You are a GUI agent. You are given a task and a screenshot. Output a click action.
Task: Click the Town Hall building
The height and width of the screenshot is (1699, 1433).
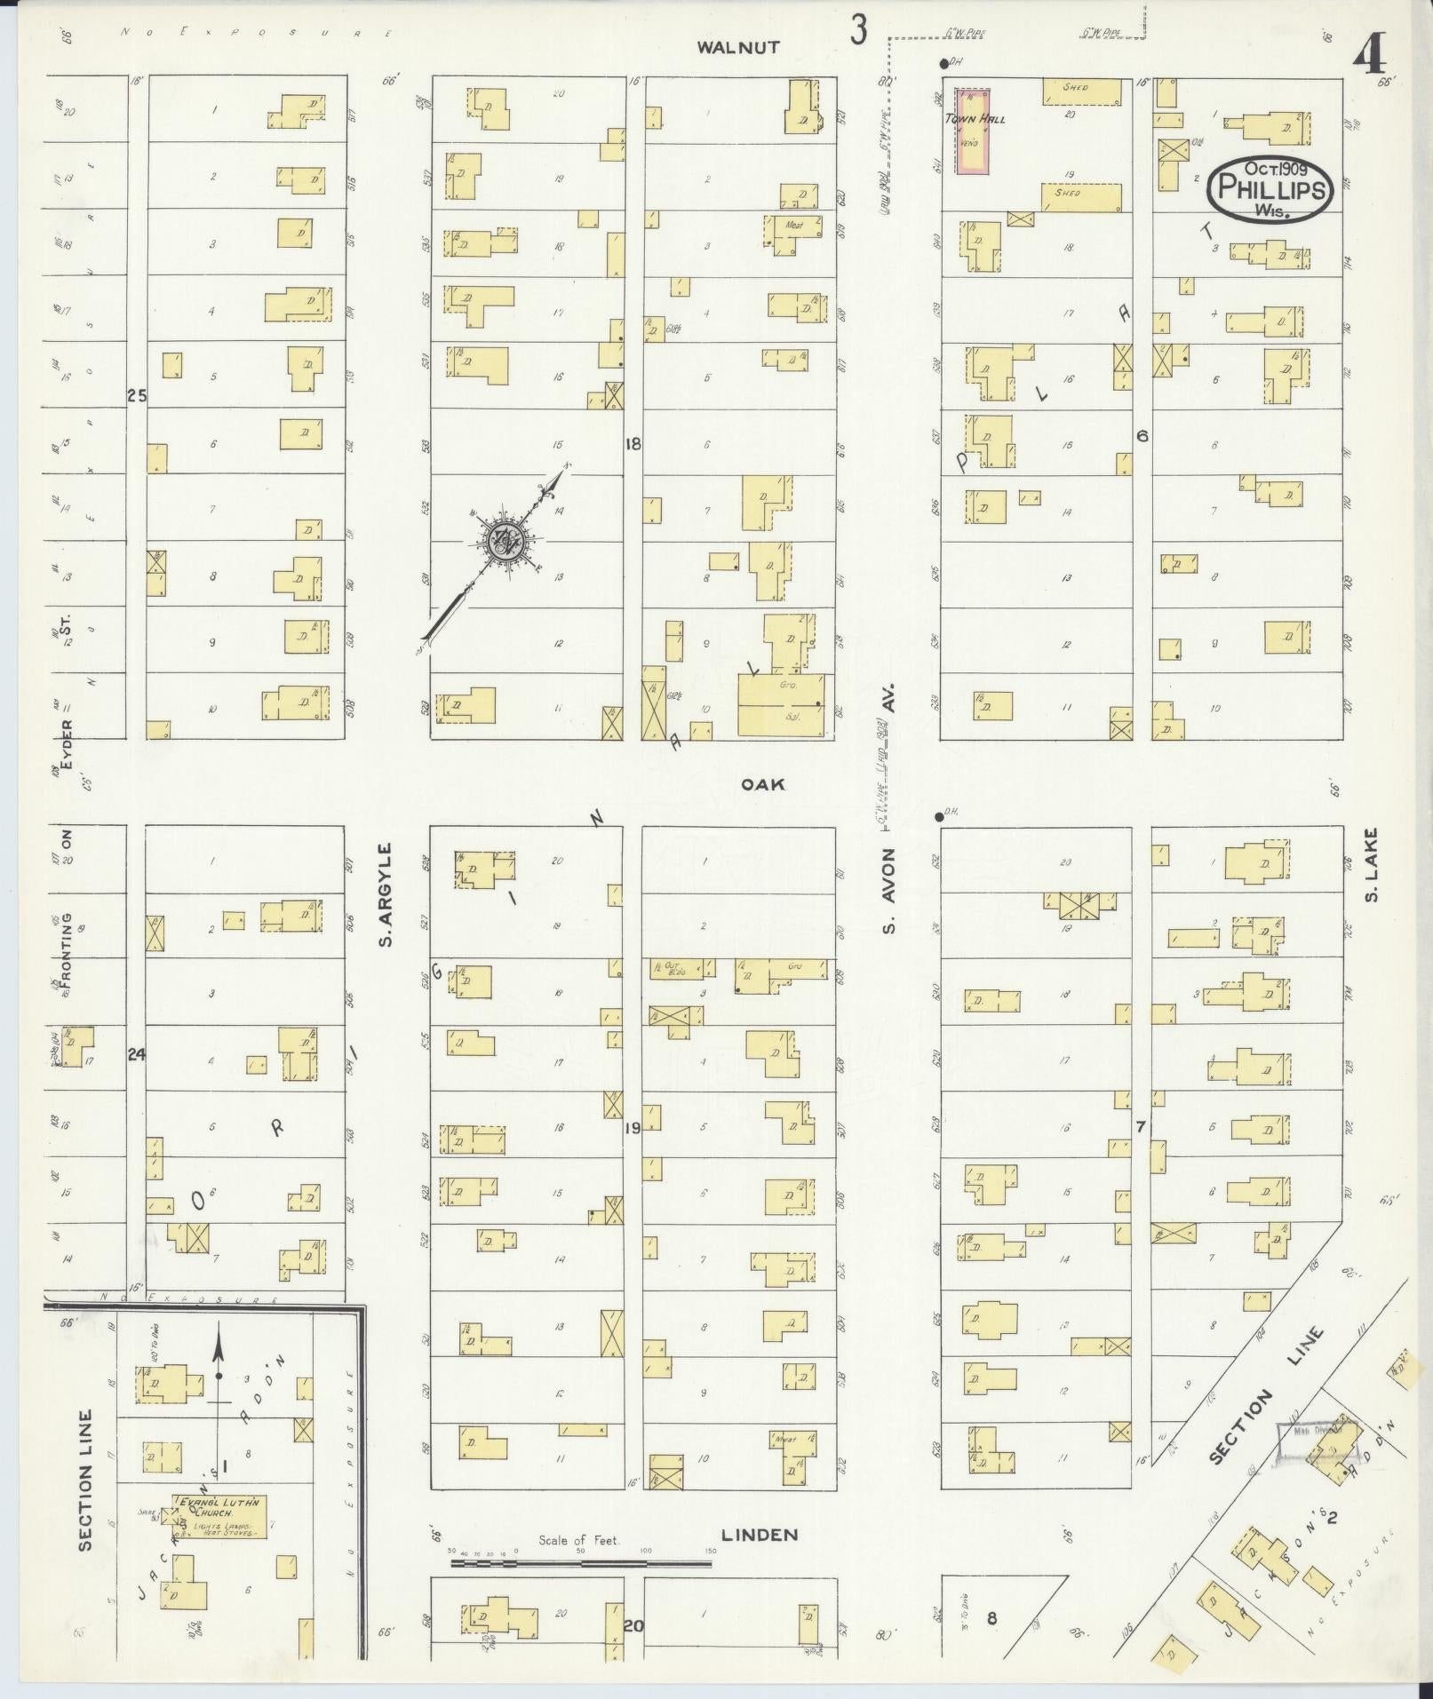tap(973, 131)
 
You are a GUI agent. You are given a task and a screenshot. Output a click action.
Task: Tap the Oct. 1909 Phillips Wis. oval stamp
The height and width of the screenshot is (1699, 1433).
tap(1270, 188)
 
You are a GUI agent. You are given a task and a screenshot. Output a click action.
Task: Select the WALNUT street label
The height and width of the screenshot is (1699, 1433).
tap(738, 47)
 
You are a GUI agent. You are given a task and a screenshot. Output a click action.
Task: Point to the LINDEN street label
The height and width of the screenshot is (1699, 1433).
tap(760, 1534)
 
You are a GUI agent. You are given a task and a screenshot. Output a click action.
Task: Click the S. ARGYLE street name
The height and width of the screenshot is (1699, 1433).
tap(386, 894)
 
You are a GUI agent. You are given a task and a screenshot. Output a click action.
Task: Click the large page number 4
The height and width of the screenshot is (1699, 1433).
tap(1370, 60)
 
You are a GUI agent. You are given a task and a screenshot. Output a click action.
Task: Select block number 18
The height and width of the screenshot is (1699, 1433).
tap(633, 443)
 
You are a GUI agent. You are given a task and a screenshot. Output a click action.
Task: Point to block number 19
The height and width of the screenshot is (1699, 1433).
tap(632, 1129)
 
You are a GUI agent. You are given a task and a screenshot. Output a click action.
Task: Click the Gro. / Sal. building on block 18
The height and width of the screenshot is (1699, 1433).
tap(781, 705)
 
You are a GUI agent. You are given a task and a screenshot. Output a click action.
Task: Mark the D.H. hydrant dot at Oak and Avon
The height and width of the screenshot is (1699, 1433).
tap(938, 816)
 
